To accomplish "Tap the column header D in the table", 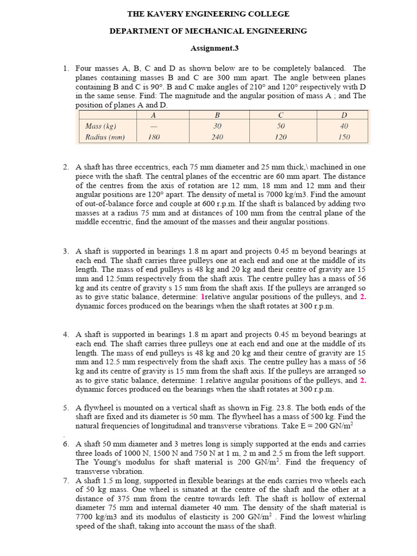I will [x=344, y=115].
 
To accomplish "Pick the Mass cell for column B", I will [x=217, y=126].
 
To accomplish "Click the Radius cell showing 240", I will [x=217, y=137].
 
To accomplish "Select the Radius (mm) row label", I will [x=105, y=137].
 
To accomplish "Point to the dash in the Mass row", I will [x=154, y=126].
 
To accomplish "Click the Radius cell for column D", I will [x=344, y=137].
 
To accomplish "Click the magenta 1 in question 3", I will [x=203, y=297].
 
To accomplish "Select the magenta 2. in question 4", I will [x=363, y=380].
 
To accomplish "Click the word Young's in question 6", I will [x=106, y=462].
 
